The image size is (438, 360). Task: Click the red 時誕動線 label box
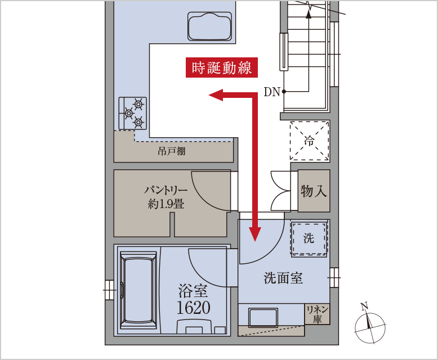coord(221,67)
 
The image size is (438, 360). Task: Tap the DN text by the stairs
coord(272,92)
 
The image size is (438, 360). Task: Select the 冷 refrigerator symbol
coord(310,141)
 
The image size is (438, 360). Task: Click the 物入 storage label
coord(314,191)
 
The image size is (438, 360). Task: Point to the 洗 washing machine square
coord(309,238)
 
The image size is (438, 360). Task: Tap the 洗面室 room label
coord(283,278)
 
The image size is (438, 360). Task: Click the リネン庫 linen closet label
coord(318,314)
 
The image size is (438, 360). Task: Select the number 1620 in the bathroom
coord(194,308)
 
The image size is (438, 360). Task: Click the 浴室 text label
coord(193,291)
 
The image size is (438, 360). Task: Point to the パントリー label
coord(166,190)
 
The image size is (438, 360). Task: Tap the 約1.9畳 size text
coord(166,204)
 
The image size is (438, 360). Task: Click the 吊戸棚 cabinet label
coord(172,151)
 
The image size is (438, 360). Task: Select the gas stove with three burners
coord(133,113)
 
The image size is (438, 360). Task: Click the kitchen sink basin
coord(210,26)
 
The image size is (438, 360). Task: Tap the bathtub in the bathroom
coord(138,290)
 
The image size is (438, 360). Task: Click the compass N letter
coord(364,306)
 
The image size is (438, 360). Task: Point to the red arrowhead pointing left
coord(216,95)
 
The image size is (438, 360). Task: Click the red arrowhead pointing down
coord(255,234)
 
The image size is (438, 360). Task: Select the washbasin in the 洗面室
coord(263,318)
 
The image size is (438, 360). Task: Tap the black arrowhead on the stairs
coord(309,14)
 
